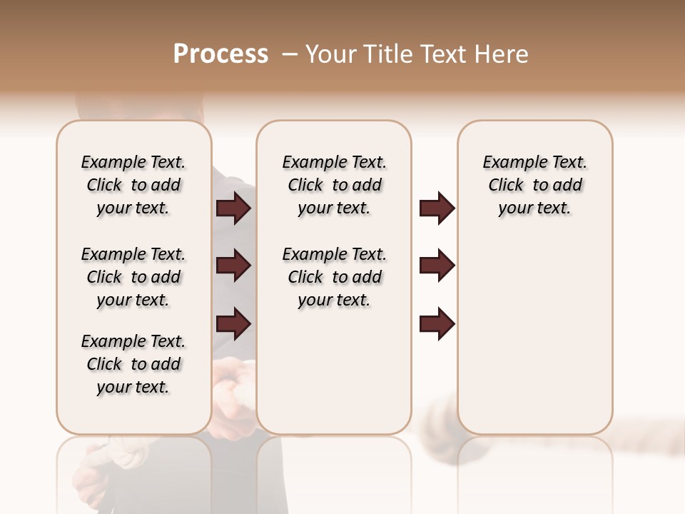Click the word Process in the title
[x=220, y=54]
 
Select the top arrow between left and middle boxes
[x=233, y=208]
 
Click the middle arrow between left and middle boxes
[x=233, y=266]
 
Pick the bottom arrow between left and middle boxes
[x=233, y=324]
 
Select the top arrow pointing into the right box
[x=437, y=208]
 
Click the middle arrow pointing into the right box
[x=437, y=266]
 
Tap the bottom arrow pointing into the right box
[x=437, y=324]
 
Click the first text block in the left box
[x=133, y=185]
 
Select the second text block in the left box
[x=133, y=277]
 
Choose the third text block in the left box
[x=133, y=364]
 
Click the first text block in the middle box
[x=334, y=185]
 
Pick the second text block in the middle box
[x=334, y=277]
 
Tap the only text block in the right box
[x=534, y=185]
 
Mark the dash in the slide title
[x=290, y=54]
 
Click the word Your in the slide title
[x=333, y=54]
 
